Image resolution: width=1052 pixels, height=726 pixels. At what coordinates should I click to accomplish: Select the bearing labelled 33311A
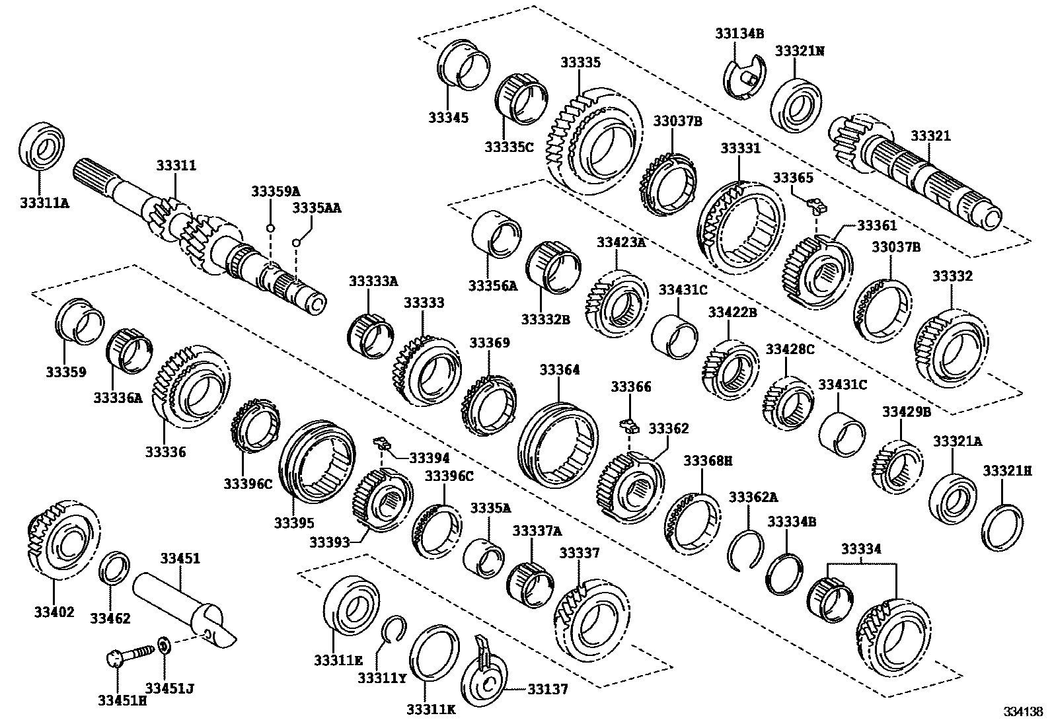pyautogui.click(x=40, y=145)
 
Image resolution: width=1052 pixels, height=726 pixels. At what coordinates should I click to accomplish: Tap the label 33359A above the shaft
pyautogui.click(x=275, y=191)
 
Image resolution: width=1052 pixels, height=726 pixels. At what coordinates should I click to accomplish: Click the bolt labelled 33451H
pyautogui.click(x=114, y=658)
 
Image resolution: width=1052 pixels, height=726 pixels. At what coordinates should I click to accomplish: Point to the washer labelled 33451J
pyautogui.click(x=164, y=643)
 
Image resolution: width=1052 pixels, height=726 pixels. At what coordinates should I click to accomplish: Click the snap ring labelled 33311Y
pyautogui.click(x=394, y=628)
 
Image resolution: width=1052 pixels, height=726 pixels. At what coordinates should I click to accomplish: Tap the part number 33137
pyautogui.click(x=548, y=690)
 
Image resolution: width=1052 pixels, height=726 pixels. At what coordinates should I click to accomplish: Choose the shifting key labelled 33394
pyautogui.click(x=380, y=441)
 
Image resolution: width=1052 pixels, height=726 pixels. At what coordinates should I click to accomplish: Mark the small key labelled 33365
pyautogui.click(x=817, y=206)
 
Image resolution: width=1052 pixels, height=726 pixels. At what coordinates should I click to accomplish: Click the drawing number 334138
pyautogui.click(x=1023, y=712)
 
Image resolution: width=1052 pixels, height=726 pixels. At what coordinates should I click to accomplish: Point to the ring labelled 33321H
pyautogui.click(x=1002, y=526)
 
